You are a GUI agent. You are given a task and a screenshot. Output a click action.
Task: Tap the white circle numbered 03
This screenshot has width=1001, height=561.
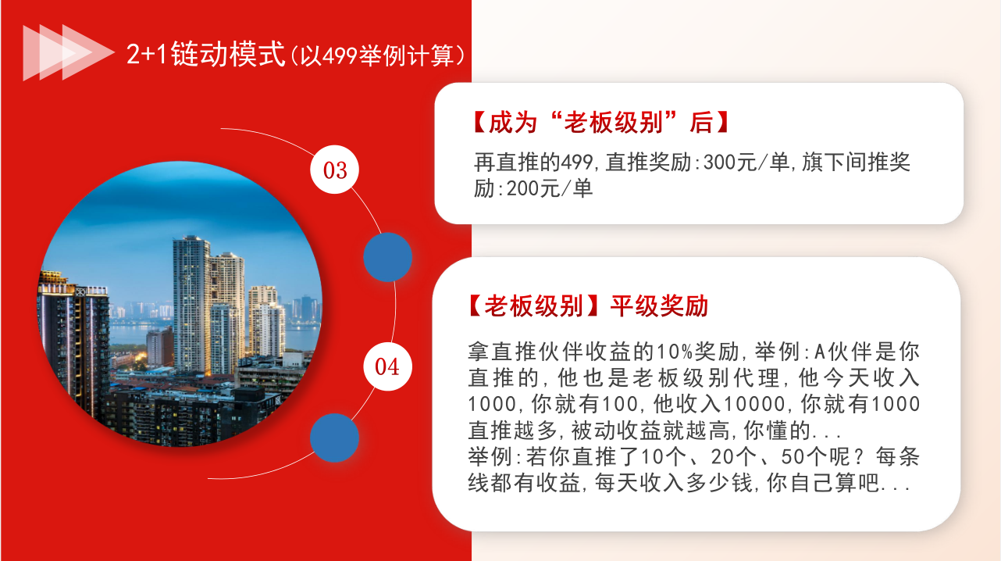334,170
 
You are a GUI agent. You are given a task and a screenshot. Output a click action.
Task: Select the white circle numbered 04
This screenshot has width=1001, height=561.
387,366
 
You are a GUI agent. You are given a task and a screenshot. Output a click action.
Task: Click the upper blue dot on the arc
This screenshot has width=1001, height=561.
388,257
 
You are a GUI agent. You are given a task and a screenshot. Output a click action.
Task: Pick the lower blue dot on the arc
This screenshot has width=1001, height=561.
334,438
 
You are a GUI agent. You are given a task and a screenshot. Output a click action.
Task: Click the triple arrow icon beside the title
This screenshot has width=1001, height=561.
67,53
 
